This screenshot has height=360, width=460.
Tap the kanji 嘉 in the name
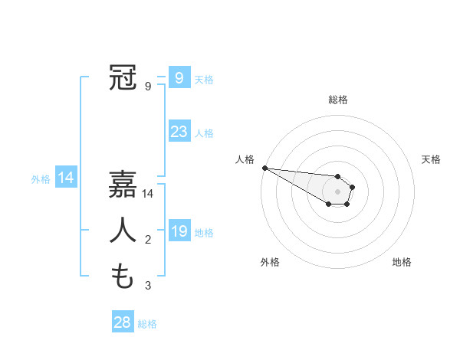click(123, 185)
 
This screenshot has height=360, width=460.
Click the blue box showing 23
click(179, 132)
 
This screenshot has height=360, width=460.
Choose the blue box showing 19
click(179, 231)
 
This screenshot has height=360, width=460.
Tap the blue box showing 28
click(122, 322)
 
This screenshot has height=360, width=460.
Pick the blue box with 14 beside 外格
click(66, 178)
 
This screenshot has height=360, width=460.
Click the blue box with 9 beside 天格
click(179, 77)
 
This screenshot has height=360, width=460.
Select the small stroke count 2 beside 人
click(148, 241)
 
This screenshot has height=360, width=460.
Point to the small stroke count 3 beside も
click(148, 286)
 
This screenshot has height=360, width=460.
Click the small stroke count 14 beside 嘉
click(148, 195)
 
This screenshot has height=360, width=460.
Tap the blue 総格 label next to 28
click(147, 324)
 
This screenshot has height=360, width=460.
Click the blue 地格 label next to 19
click(204, 233)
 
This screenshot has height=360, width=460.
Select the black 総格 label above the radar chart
click(337, 100)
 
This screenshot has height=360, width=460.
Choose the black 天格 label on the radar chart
click(432, 159)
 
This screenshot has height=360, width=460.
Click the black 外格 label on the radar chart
click(270, 262)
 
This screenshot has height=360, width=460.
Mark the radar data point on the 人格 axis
click(264, 168)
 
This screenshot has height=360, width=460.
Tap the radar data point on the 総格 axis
click(337, 177)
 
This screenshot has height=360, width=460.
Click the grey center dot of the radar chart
click(337, 191)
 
